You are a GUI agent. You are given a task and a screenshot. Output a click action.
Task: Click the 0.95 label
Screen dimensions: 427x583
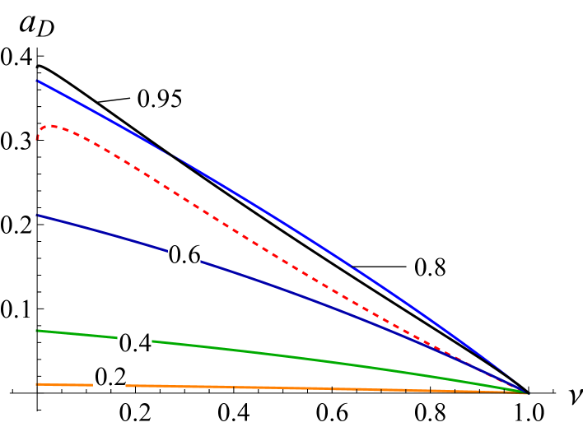[159, 99]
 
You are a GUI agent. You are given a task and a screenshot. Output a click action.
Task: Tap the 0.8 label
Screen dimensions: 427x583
[429, 267]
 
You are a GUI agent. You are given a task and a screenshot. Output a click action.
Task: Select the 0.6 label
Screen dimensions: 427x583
[184, 255]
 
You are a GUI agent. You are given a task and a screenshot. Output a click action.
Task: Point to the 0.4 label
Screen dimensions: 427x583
[135, 343]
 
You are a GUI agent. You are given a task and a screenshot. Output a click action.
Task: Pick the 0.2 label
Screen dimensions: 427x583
[110, 377]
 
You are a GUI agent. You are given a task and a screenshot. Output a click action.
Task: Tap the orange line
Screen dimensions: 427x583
[288, 388]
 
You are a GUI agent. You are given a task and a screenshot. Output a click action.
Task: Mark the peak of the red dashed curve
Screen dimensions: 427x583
[52, 126]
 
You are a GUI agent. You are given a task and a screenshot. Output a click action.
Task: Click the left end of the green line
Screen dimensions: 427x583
[37, 331]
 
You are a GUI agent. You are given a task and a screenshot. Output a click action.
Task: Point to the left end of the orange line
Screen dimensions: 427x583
[37, 384]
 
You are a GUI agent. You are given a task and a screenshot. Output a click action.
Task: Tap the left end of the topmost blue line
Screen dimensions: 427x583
[37, 81]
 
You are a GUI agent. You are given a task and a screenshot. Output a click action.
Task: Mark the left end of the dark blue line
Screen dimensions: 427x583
[37, 216]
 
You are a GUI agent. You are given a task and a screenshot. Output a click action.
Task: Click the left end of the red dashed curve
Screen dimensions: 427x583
[37, 141]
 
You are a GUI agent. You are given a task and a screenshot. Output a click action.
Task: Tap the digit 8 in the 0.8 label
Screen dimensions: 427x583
[438, 267]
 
